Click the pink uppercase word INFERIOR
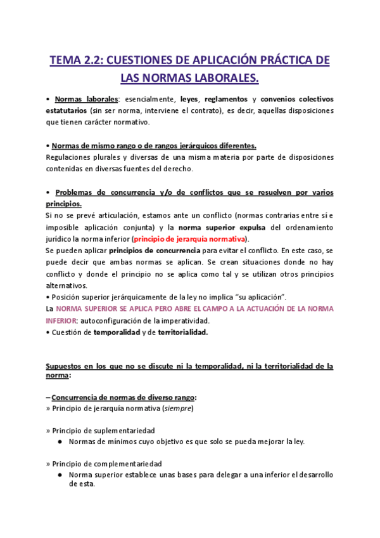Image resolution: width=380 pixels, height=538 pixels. [x=63, y=320]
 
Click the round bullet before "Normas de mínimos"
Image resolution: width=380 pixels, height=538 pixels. [x=59, y=441]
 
